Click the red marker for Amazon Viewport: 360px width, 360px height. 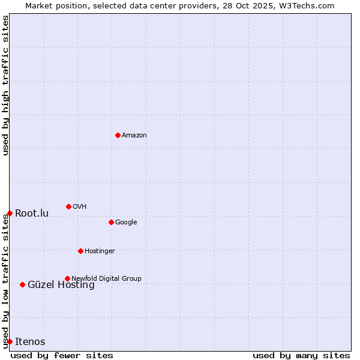(118, 135)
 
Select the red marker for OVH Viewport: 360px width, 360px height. (68, 206)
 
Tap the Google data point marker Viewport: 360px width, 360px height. (111, 222)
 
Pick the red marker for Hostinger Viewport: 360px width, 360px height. (80, 251)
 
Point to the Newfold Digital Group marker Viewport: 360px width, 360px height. (67, 278)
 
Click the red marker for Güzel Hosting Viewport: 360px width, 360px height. (22, 284)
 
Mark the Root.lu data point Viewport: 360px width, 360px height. (10, 213)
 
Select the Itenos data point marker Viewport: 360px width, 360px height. (10, 341)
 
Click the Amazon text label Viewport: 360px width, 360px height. (134, 136)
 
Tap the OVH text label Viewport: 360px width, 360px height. (80, 207)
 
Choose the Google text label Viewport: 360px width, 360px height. (126, 223)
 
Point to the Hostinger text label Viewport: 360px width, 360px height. (100, 251)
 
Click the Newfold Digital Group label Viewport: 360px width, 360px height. (106, 278)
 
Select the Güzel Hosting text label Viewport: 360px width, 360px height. (61, 285)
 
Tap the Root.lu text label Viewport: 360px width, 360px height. (32, 214)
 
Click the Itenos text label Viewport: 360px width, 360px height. (30, 342)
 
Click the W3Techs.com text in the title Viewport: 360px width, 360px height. (309, 5)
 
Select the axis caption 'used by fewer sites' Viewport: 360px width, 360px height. (62, 355)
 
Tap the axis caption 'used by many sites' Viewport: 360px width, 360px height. (301, 355)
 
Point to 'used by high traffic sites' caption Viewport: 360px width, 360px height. (5, 85)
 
